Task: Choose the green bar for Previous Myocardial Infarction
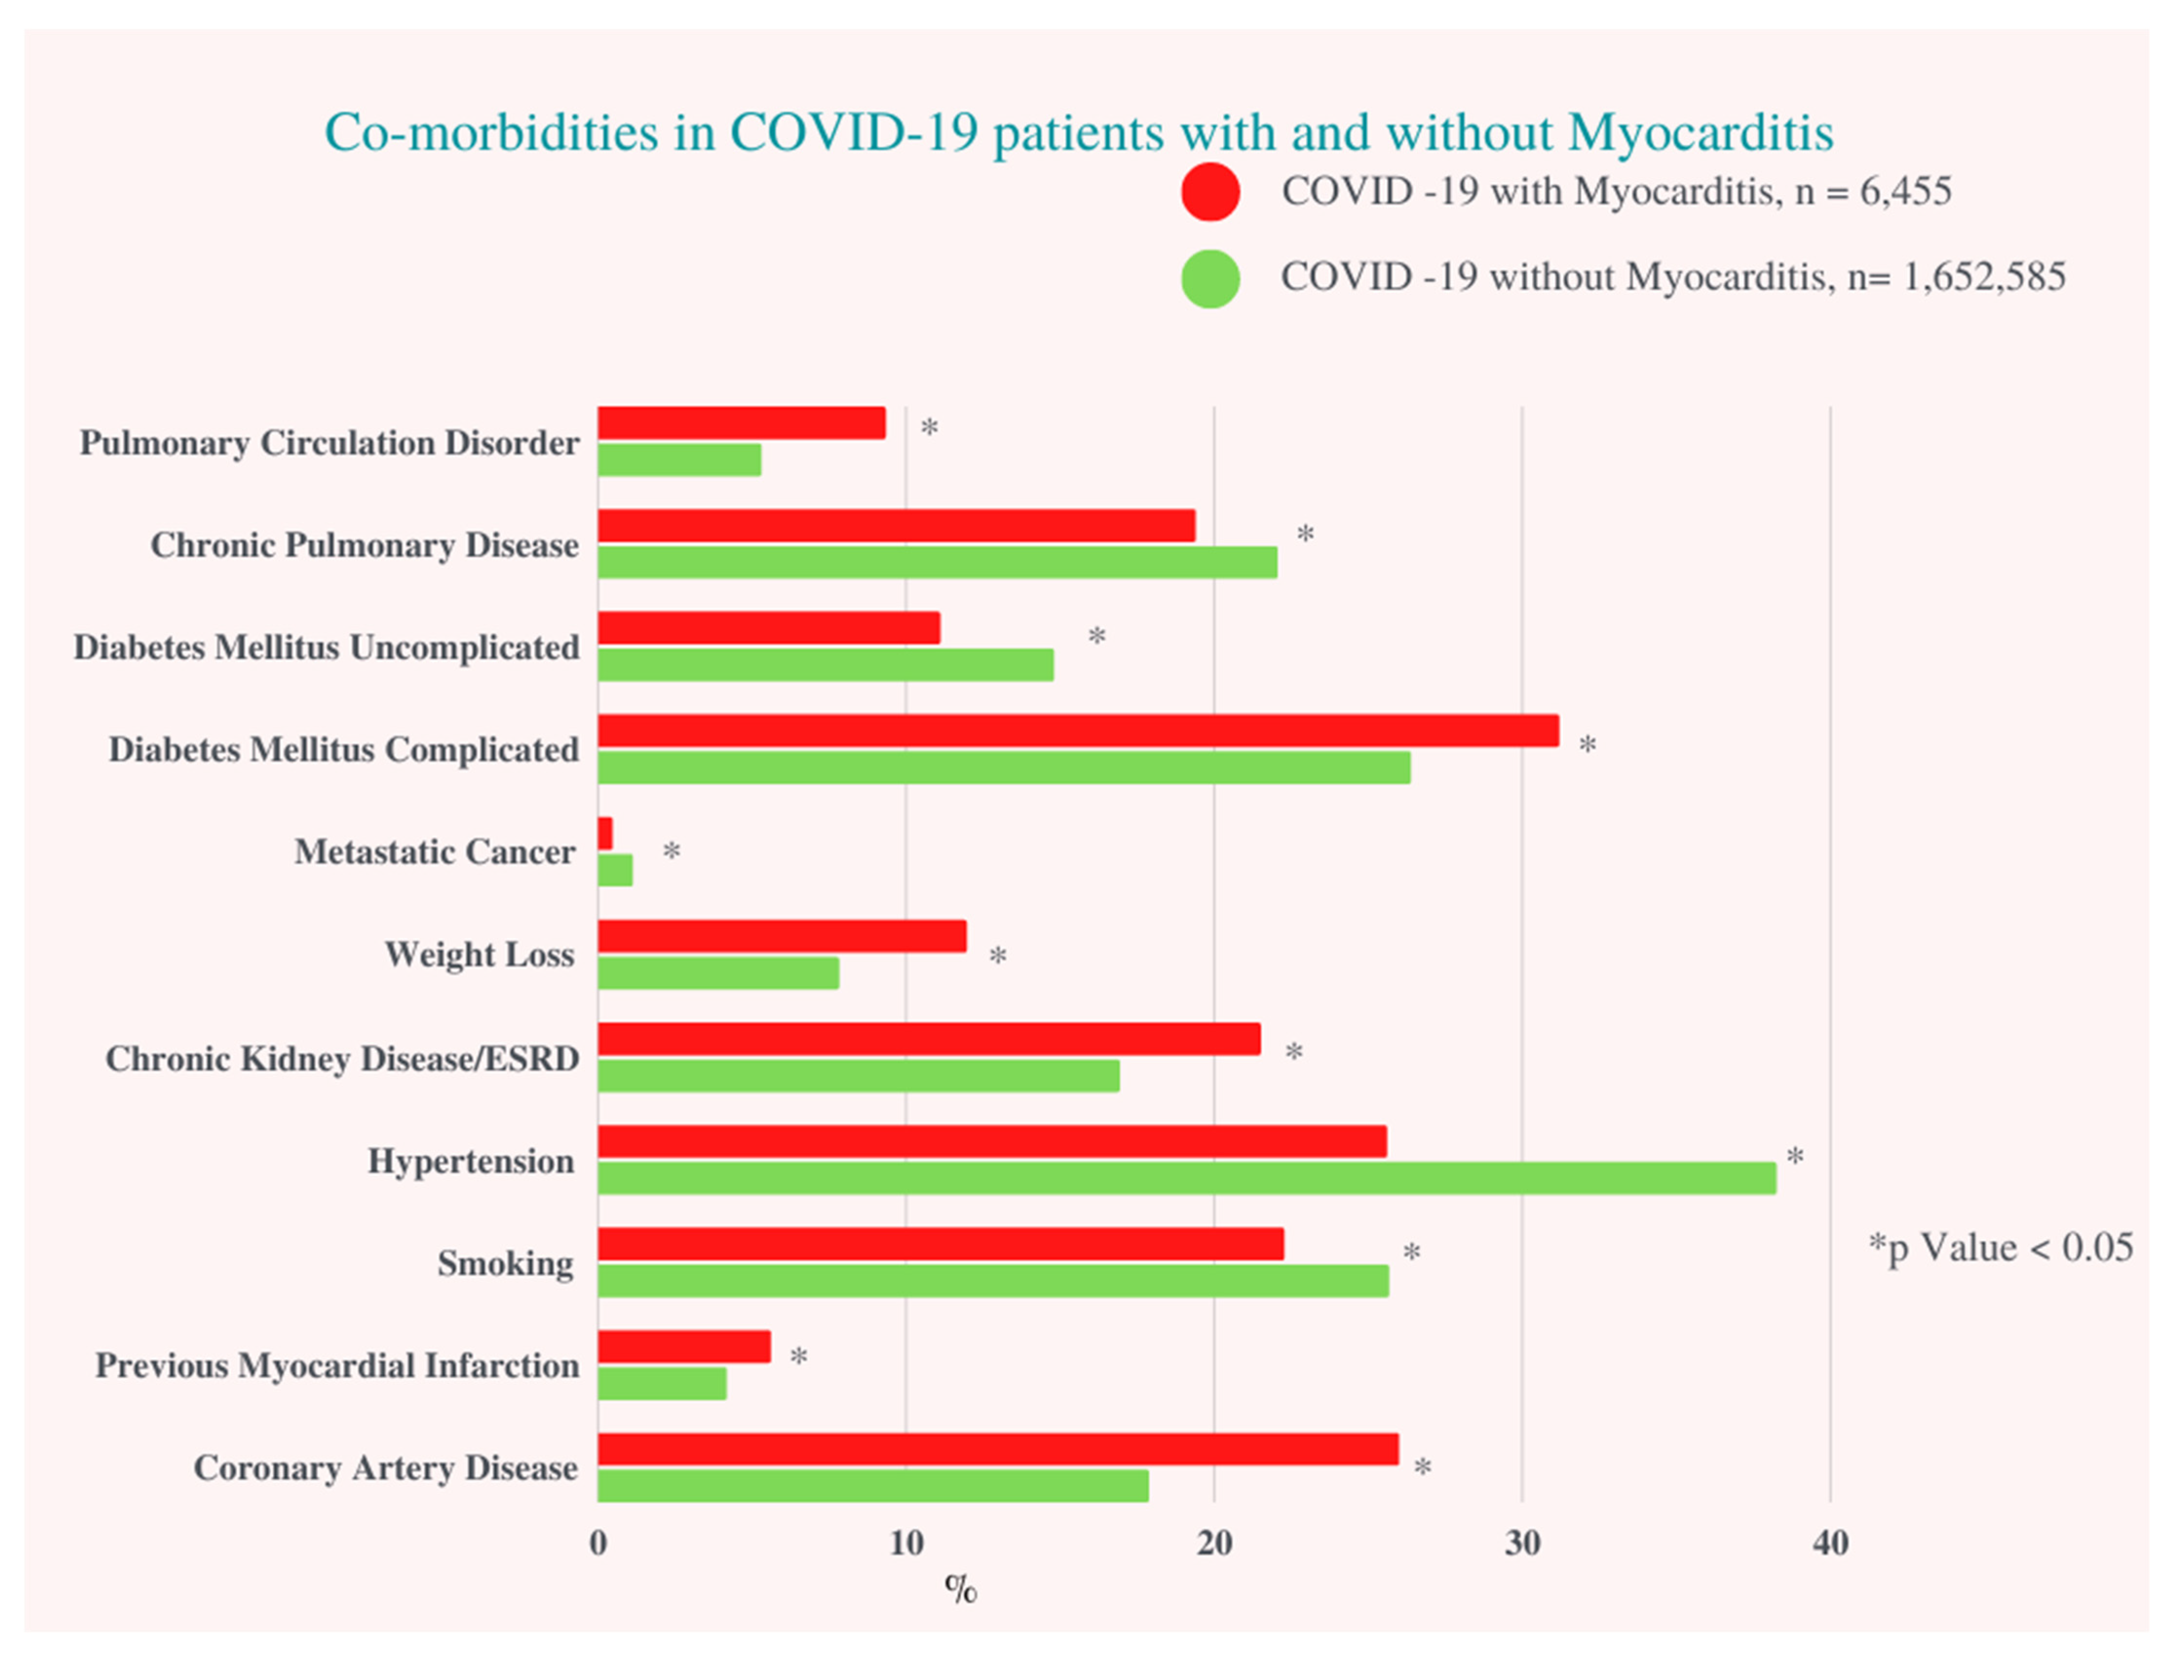(661, 1383)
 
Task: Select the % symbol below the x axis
(960, 1588)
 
